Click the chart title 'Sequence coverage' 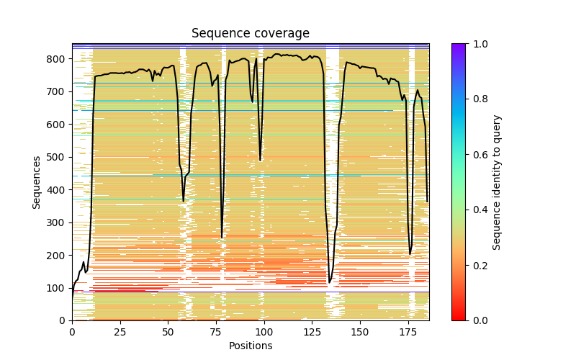250,34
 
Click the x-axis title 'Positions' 250,346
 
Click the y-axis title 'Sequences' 37,182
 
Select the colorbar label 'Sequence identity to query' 497,182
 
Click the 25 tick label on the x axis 120,332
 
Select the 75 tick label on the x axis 216,332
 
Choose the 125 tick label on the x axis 312,332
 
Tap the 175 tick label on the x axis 408,332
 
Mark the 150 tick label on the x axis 360,332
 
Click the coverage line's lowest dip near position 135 330,283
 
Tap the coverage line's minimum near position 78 222,238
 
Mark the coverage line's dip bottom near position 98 260,161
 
